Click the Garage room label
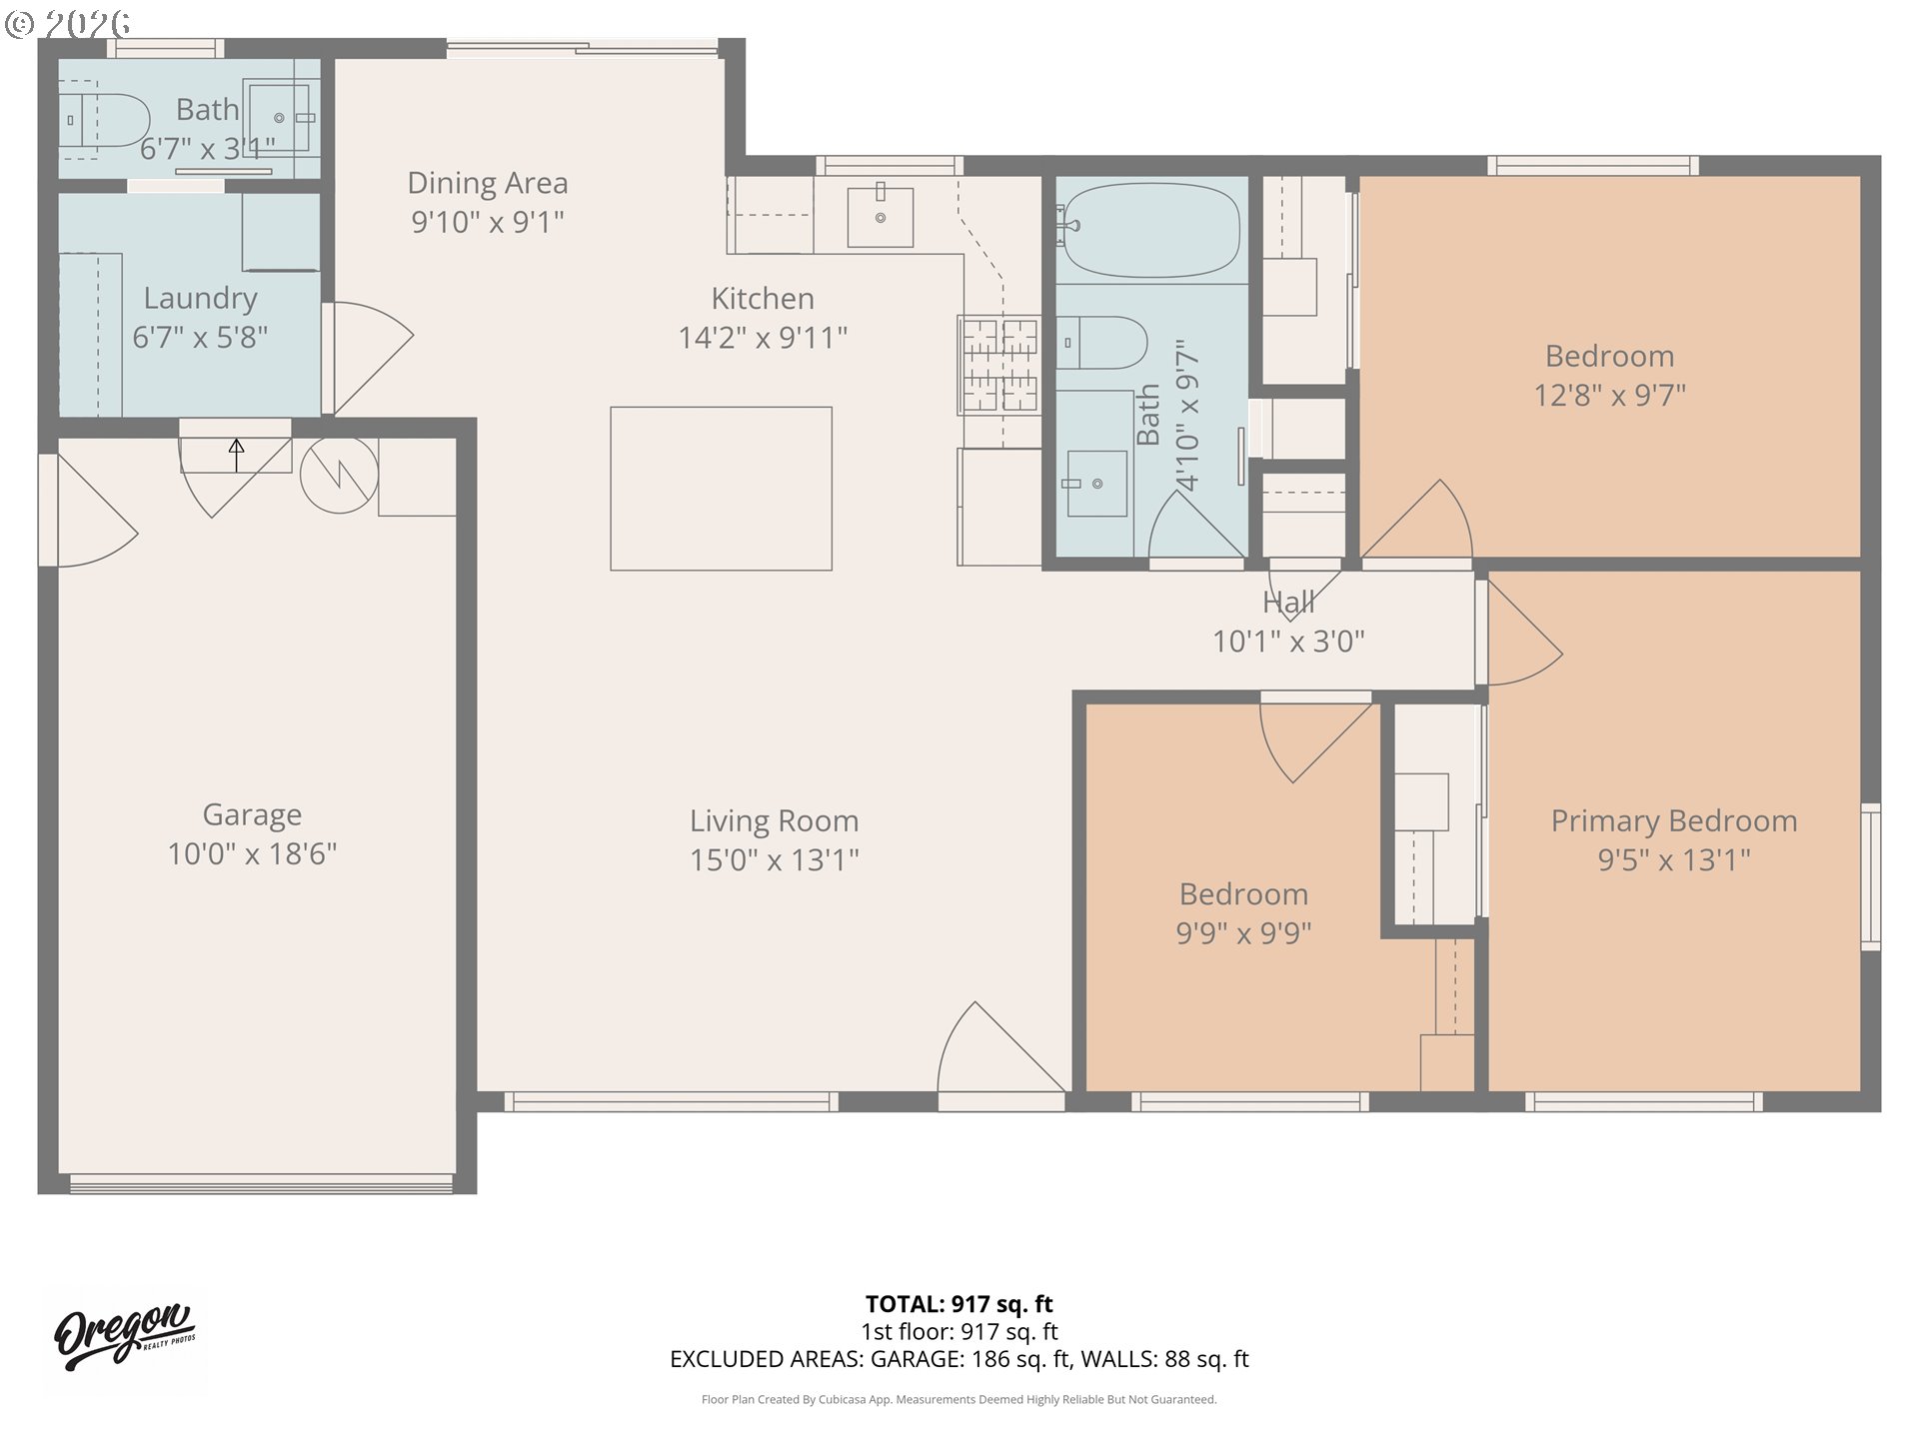coord(252,815)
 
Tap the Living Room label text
coord(774,821)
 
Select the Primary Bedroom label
coord(1674,821)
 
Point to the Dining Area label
coord(488,184)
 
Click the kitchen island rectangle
coord(721,489)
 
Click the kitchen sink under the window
coord(880,217)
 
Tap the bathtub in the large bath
coord(1151,230)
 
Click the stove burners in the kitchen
coord(998,365)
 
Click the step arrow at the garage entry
coord(236,455)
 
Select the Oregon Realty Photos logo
coord(125,1336)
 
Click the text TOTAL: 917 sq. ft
coord(959,1304)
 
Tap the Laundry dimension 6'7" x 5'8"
coord(200,338)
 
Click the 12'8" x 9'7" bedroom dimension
coord(1609,396)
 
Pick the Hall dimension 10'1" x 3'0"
coord(1288,642)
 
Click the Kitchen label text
coord(763,299)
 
